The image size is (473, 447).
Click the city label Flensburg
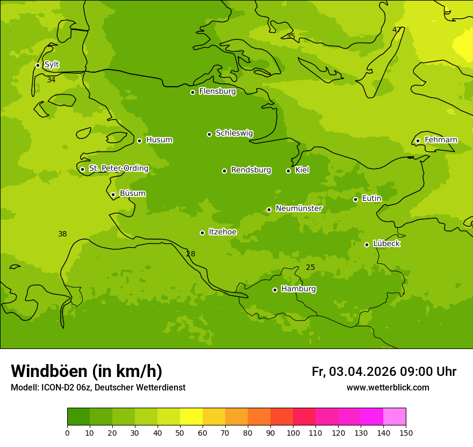(x=217, y=92)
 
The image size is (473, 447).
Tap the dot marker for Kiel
(x=288, y=171)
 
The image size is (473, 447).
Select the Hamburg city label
(x=298, y=289)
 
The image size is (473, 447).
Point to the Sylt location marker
(x=38, y=65)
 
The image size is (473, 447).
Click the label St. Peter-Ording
(x=118, y=169)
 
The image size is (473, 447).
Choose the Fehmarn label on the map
(x=441, y=140)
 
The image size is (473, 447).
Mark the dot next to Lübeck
(x=367, y=245)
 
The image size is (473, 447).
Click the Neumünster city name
(x=298, y=208)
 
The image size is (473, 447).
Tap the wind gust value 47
(x=397, y=30)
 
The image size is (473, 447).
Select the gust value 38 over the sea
(x=62, y=234)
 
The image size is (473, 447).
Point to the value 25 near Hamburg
(x=310, y=267)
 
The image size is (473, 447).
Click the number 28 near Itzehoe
(x=191, y=254)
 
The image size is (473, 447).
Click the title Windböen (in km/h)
(x=87, y=371)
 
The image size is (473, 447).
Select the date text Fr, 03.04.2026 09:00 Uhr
(x=384, y=372)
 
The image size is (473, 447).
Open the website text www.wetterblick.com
(x=388, y=388)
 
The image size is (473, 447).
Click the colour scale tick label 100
(x=293, y=432)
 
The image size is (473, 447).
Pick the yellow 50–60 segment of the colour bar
(x=191, y=416)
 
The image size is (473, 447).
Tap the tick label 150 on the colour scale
(x=405, y=432)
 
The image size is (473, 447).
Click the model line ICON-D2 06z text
(x=98, y=388)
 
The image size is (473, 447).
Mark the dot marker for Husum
(x=139, y=141)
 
